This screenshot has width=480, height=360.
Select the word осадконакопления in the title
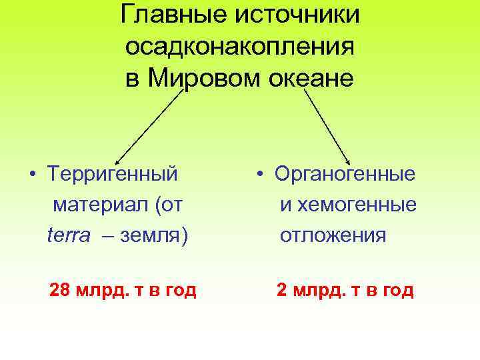(240, 47)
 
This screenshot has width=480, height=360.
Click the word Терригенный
(113, 175)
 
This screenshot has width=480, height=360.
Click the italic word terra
(68, 235)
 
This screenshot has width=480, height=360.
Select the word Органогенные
(345, 175)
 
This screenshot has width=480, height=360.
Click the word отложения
(333, 235)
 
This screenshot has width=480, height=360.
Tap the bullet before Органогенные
(263, 175)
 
